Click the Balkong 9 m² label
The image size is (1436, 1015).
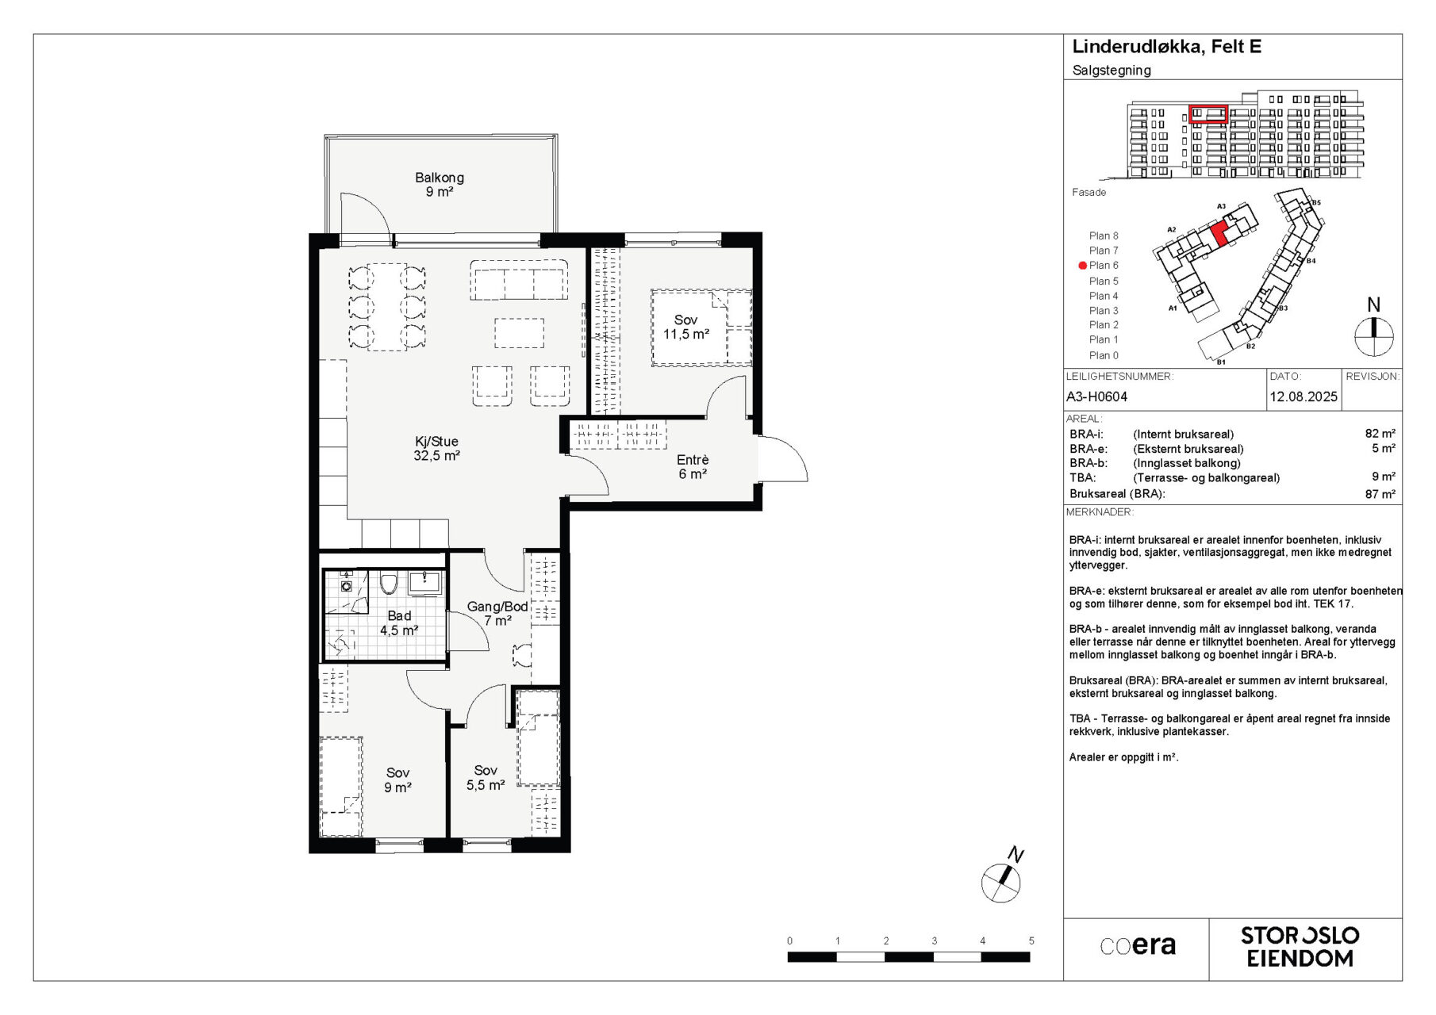[439, 185]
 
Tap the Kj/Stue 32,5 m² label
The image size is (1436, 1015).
[436, 449]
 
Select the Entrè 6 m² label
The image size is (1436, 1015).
[693, 467]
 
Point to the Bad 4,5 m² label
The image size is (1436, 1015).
[399, 623]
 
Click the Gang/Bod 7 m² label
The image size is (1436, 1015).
[497, 614]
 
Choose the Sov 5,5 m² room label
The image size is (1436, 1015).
[486, 778]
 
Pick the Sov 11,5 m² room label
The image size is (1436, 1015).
[686, 327]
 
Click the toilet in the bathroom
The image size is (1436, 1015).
[388, 583]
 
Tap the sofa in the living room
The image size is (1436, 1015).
[519, 279]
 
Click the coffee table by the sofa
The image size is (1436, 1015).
[520, 333]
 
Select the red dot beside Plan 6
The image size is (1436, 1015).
[1082, 266]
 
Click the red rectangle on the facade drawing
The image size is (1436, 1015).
[1208, 114]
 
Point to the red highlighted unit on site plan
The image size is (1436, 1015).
[1219, 233]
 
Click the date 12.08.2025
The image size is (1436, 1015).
[1304, 396]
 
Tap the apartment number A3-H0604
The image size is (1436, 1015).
[1096, 396]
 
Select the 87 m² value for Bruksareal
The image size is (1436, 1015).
[1380, 494]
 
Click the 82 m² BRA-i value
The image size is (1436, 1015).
[1380, 434]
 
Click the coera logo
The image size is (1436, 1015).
[1138, 946]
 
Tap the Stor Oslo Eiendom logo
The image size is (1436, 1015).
[1300, 947]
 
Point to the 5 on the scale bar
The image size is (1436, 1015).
[1031, 941]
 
